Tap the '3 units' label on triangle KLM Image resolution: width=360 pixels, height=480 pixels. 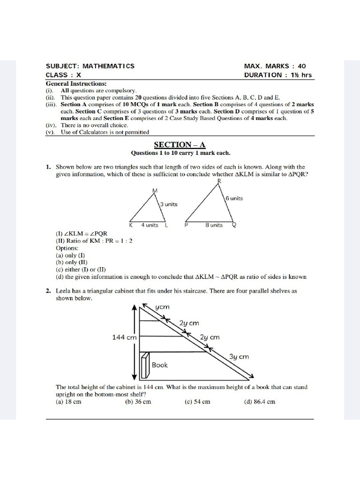[x=168, y=204]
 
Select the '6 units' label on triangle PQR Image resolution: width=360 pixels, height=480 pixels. [x=234, y=198]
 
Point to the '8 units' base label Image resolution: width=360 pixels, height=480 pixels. [x=214, y=225]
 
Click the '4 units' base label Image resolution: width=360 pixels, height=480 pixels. [x=150, y=225]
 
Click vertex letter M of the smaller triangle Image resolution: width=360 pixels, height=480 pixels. [x=155, y=190]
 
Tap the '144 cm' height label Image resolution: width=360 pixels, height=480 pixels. [x=124, y=337]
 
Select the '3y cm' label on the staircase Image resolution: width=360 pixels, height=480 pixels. [x=239, y=357]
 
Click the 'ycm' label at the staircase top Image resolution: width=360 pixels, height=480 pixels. [x=162, y=307]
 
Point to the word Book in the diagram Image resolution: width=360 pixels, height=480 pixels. [x=159, y=365]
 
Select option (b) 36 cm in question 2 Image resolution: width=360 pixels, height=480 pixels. [x=138, y=402]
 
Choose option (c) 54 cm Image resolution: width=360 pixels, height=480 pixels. [x=197, y=402]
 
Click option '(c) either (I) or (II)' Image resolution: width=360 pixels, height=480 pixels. [x=81, y=270]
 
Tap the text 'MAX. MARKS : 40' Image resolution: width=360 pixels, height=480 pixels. [x=275, y=66]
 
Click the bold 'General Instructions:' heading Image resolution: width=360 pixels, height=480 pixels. [x=76, y=83]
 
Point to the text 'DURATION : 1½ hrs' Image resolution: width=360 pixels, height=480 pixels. [x=277, y=75]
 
